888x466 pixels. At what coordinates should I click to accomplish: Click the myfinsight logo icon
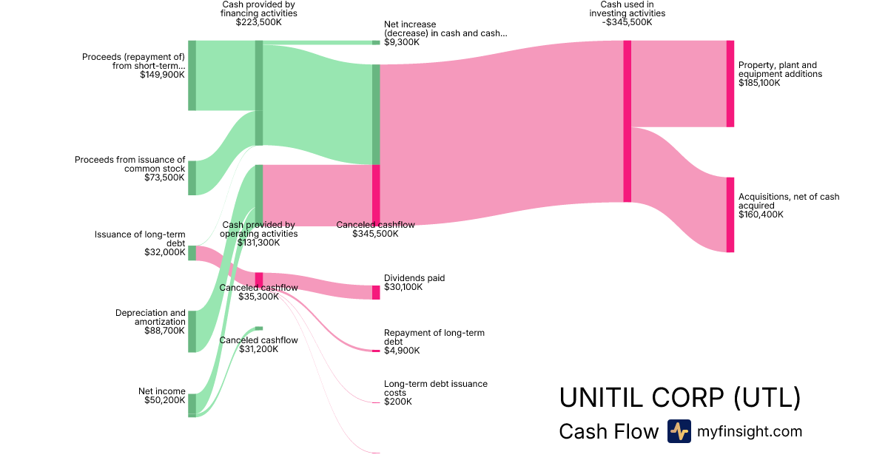[x=679, y=431]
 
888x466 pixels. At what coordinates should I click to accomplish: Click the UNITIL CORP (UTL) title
[x=679, y=397]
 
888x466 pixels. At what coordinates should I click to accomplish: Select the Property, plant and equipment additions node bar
[x=730, y=84]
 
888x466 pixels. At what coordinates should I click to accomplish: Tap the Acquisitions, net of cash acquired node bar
[x=730, y=215]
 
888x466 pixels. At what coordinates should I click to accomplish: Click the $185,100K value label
[x=759, y=83]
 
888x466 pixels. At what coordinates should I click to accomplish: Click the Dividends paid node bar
[x=376, y=292]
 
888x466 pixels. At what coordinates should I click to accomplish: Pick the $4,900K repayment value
[x=402, y=351]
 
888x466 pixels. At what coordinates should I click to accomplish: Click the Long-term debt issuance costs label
[x=436, y=388]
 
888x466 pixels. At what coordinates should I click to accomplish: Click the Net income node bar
[x=192, y=404]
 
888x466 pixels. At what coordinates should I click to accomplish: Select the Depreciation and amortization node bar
[x=192, y=331]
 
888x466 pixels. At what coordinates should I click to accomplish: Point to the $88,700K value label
[x=165, y=331]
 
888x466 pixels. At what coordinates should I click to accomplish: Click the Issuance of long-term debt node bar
[x=192, y=253]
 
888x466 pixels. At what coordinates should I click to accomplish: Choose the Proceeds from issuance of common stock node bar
[x=192, y=178]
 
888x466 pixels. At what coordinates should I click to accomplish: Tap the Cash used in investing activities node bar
[x=628, y=121]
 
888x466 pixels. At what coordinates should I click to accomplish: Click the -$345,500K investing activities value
[x=627, y=22]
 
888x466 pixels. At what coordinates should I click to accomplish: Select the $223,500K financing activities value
[x=259, y=22]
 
